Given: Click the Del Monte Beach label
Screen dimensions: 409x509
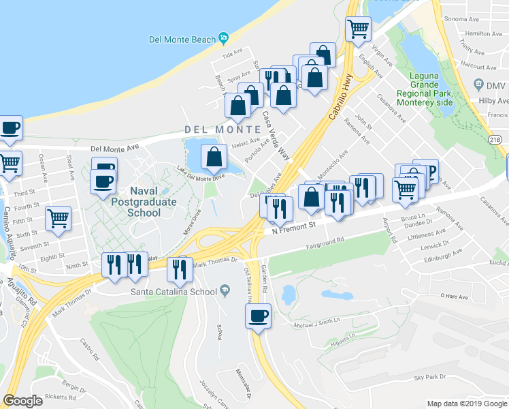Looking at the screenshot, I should (x=182, y=39).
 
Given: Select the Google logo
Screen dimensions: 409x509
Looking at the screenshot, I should (x=22, y=401).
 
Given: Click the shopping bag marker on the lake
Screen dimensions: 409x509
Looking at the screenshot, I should (x=214, y=157).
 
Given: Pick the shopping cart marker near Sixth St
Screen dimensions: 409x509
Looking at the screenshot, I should (x=59, y=219).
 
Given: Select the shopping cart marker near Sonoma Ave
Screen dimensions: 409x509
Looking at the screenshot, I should (x=358, y=29).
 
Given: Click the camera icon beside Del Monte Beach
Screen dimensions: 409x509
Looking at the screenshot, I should (x=224, y=39).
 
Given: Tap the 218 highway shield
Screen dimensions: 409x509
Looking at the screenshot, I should (x=496, y=139).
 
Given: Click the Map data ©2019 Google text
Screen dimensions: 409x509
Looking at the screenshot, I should (x=467, y=404).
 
